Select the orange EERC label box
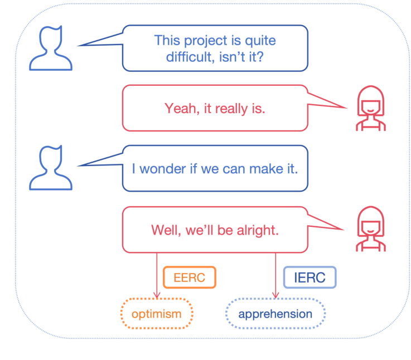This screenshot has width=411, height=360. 189,278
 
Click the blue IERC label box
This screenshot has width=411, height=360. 310,278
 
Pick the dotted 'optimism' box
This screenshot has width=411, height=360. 157,314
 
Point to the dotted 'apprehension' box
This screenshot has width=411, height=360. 275,314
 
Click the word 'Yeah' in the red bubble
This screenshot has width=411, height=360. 180,108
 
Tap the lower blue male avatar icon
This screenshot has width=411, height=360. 51,168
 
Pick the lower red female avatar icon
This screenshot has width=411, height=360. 371,229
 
